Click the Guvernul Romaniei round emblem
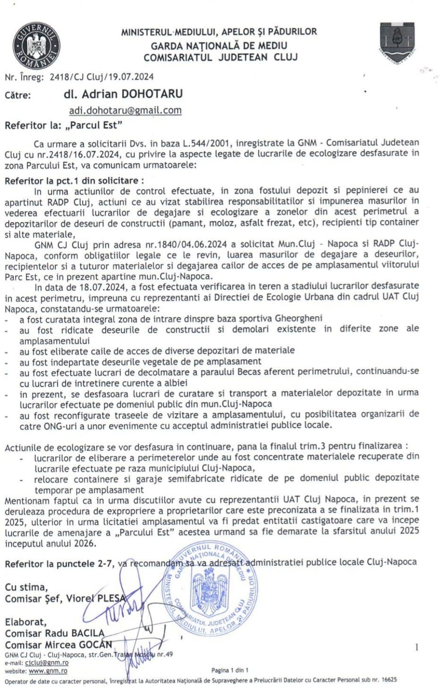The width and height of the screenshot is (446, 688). click(x=36, y=45)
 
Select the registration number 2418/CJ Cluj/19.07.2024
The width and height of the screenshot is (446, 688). click(x=101, y=76)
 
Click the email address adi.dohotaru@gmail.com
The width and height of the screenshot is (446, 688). click(x=125, y=110)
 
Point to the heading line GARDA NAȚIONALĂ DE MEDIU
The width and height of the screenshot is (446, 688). click(x=219, y=46)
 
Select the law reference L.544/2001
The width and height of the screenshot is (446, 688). click(x=208, y=143)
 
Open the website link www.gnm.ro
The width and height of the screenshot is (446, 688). click(x=48, y=671)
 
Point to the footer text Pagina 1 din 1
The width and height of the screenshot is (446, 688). click(x=229, y=670)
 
